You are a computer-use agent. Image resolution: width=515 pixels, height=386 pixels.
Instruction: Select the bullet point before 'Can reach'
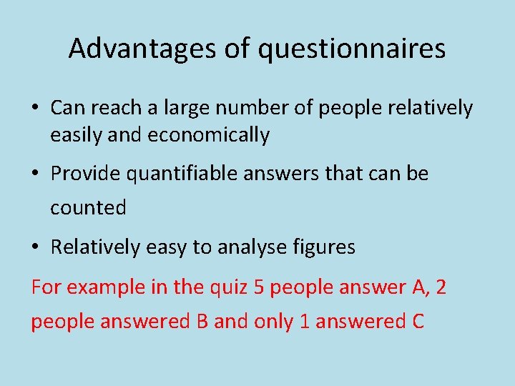pos(35,109)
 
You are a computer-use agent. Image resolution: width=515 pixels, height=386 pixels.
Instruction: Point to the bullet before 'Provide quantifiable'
pos(35,174)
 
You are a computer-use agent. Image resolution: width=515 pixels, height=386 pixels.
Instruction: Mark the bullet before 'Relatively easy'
pos(35,248)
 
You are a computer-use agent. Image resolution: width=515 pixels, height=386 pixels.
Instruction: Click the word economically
pos(209,135)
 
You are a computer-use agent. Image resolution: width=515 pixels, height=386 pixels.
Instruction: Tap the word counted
pos(88,208)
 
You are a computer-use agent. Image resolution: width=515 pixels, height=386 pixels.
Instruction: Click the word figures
pos(325,247)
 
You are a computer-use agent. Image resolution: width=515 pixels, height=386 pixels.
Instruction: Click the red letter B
pos(202,322)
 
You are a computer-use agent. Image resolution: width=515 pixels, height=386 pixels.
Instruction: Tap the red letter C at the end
pos(418,322)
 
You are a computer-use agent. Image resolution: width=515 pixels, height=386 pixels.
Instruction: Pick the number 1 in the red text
pos(303,322)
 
